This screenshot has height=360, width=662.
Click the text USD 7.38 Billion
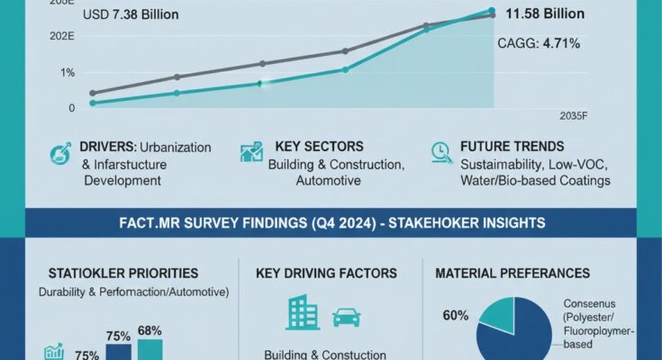[x=130, y=15]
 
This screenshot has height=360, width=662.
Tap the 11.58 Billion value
[x=545, y=13]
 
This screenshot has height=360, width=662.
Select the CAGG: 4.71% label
[x=539, y=43]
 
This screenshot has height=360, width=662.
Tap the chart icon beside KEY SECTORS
[x=251, y=152]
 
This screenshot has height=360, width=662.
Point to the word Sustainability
[x=502, y=165]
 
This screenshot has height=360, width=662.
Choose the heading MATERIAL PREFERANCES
[x=512, y=273]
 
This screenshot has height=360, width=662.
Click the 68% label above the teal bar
[x=150, y=331]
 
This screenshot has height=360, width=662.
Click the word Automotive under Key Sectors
[x=328, y=180]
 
